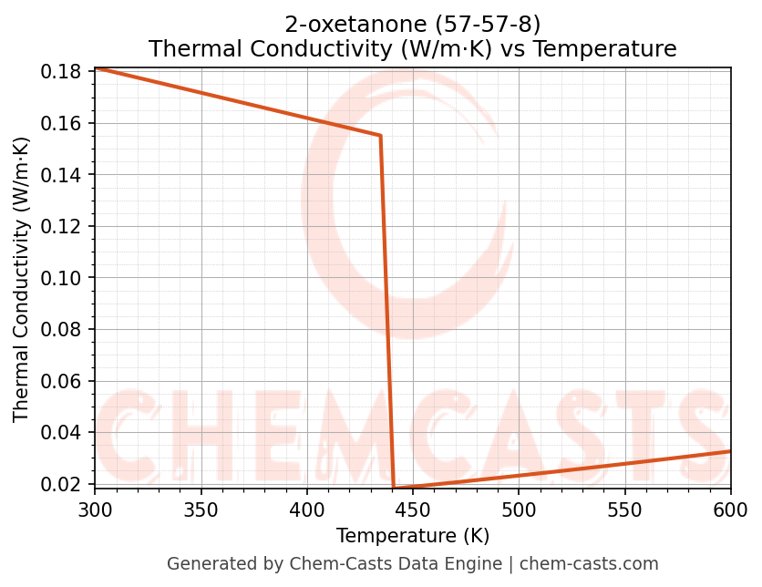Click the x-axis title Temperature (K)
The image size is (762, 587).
412,536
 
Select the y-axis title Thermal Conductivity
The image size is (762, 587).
22,279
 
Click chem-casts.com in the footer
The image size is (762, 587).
589,564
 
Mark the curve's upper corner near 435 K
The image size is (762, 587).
380,136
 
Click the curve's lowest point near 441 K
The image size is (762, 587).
394,488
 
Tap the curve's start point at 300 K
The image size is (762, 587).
96,68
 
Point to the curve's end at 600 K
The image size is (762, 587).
730,451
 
